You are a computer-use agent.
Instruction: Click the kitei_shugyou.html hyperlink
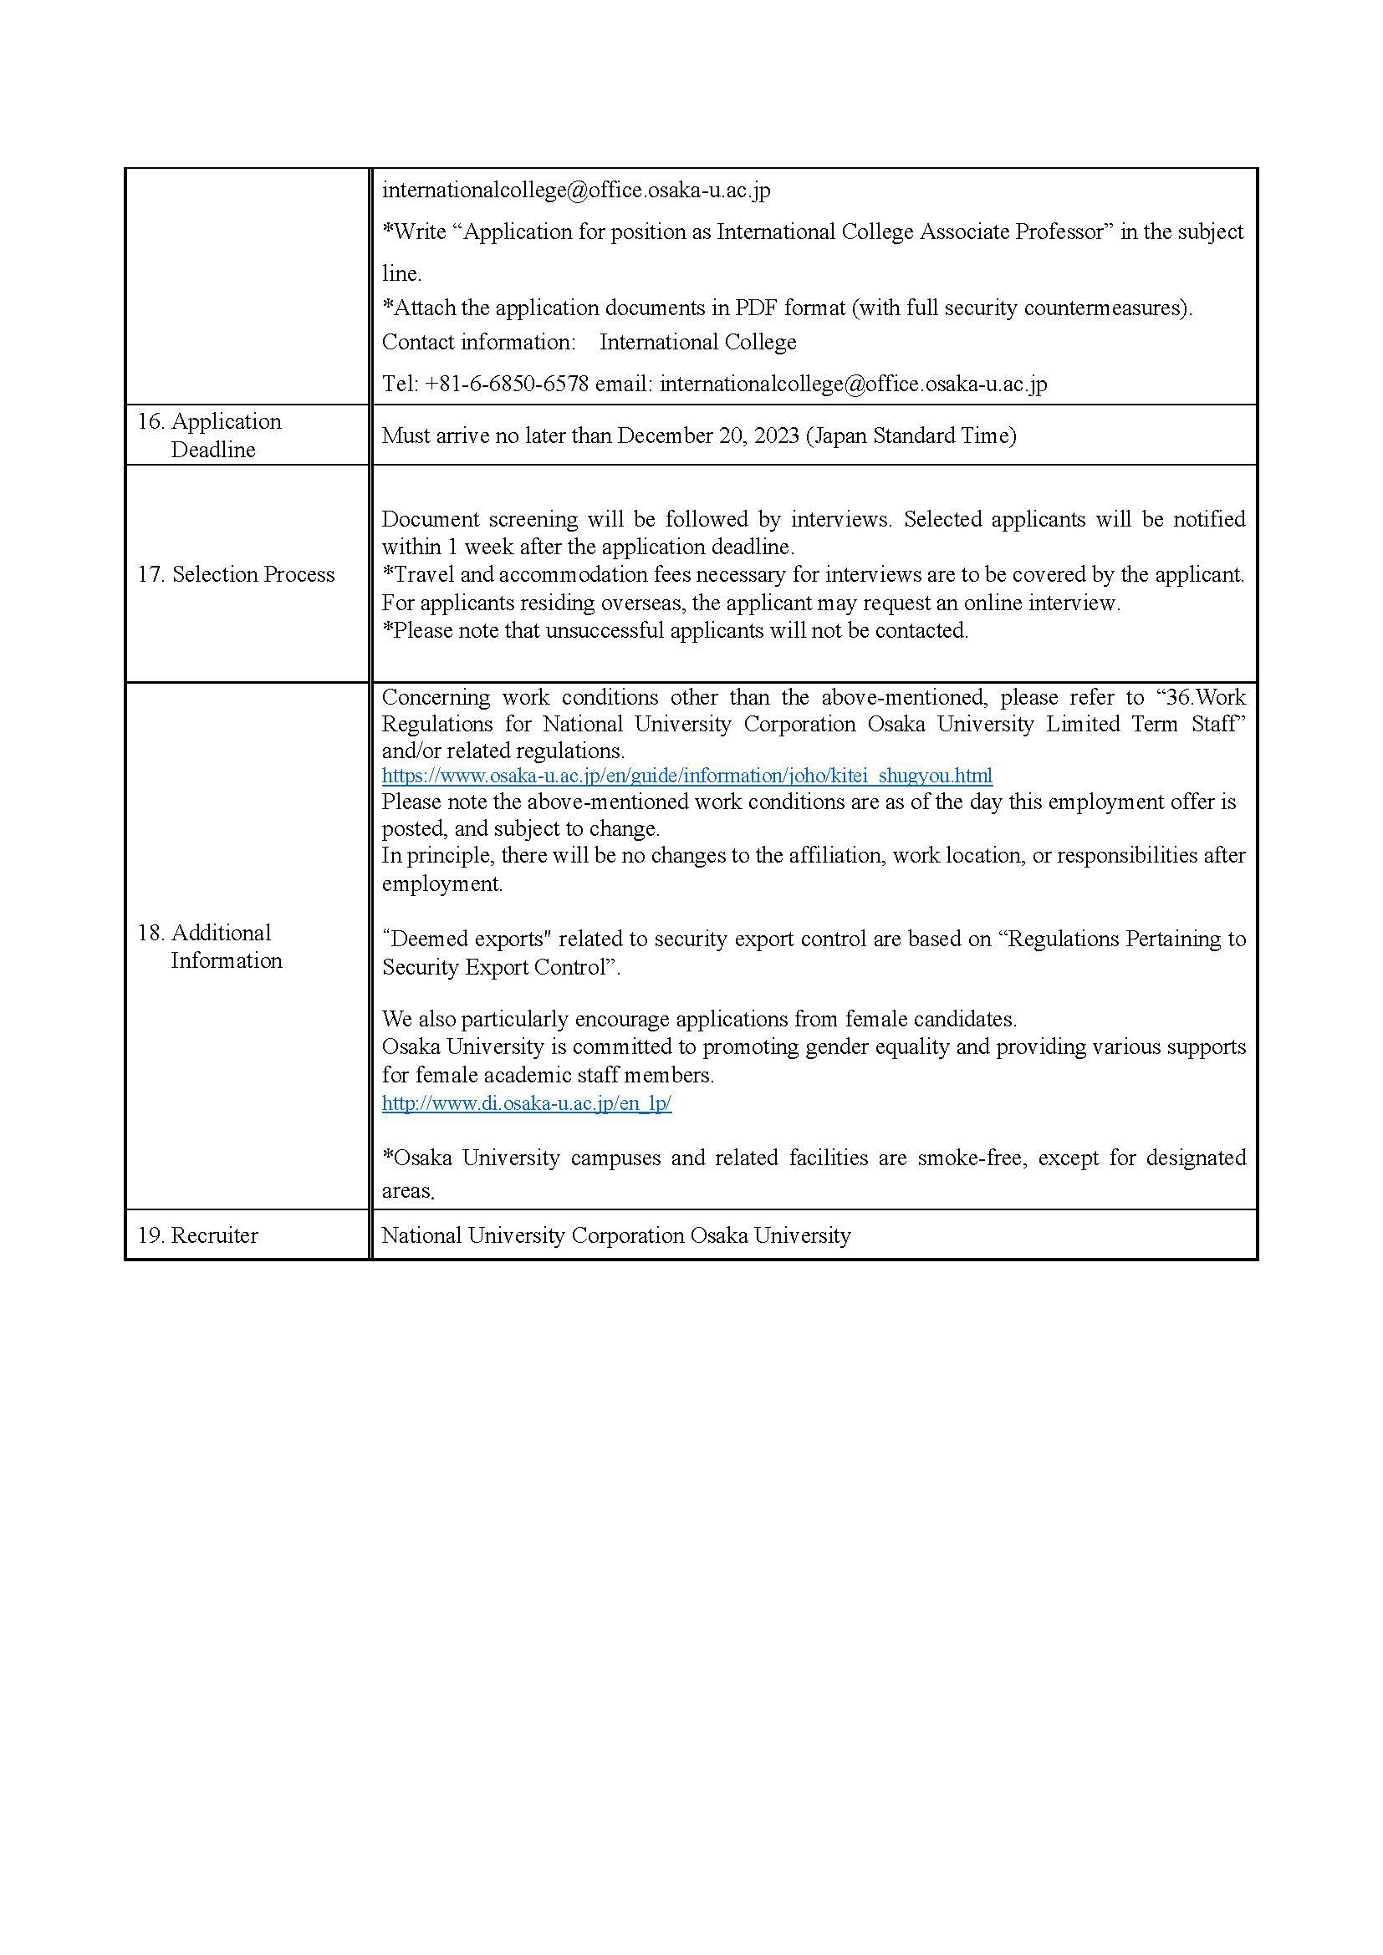click(x=686, y=776)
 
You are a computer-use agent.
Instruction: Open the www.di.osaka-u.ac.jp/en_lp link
click(x=526, y=1103)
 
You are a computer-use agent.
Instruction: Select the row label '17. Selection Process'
click(x=236, y=575)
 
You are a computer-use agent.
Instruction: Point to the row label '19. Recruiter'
click(x=197, y=1235)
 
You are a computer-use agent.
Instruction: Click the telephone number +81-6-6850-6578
click(x=507, y=384)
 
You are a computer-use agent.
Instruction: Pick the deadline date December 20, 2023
click(x=707, y=436)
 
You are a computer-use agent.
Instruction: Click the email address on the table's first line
click(x=575, y=190)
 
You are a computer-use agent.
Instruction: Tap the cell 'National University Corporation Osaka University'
click(x=615, y=1235)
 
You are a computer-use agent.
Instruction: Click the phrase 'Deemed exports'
click(x=463, y=939)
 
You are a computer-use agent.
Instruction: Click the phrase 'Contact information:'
click(x=478, y=343)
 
